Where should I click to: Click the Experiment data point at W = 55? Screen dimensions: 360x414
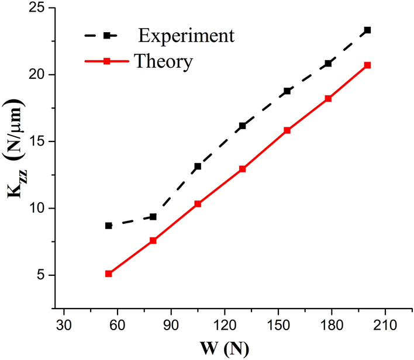point(109,226)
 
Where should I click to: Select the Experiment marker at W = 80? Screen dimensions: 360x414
point(153,217)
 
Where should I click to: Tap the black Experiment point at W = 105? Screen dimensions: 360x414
point(198,167)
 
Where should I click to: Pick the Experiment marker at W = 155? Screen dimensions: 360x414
point(287,91)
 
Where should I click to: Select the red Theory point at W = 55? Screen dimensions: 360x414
point(109,274)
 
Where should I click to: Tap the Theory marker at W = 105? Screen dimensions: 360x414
point(198,204)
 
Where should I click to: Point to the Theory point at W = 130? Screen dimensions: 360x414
point(243,169)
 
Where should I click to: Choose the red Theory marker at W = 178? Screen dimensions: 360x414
point(328,99)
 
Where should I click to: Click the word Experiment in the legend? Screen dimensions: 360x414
point(187,36)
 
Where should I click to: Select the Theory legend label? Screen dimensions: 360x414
point(163,61)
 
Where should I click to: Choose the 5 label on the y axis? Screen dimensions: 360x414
point(43,275)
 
